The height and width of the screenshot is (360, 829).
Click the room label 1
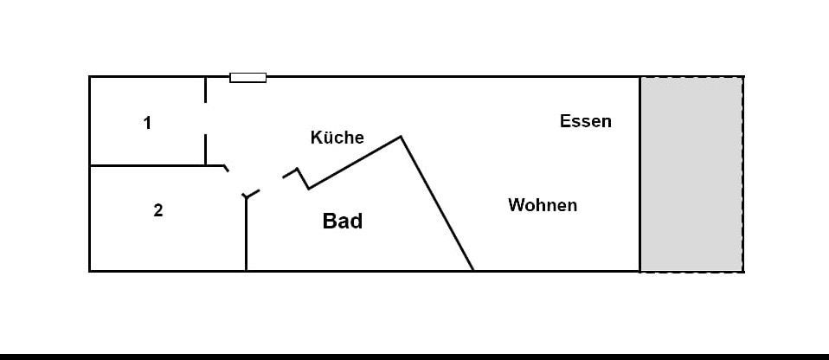[147, 123]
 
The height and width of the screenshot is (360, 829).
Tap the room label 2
[157, 210]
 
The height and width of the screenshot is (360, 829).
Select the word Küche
[337, 138]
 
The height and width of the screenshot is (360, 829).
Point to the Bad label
[342, 221]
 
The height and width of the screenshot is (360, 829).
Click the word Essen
[585, 121]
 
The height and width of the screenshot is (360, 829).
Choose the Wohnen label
[542, 206]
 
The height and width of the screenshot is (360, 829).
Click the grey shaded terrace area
[691, 173]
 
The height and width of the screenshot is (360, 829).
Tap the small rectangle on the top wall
[247, 78]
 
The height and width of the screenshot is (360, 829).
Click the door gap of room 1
[205, 118]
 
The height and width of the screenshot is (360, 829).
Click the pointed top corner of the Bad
[401, 137]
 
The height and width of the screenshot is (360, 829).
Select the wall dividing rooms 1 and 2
[147, 165]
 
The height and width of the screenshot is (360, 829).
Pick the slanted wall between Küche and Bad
[355, 162]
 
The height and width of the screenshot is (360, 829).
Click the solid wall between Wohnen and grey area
[640, 173]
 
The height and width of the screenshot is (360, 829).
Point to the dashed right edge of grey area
[742, 173]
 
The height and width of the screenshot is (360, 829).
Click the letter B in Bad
[329, 221]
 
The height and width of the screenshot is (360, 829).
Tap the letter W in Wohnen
[516, 206]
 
